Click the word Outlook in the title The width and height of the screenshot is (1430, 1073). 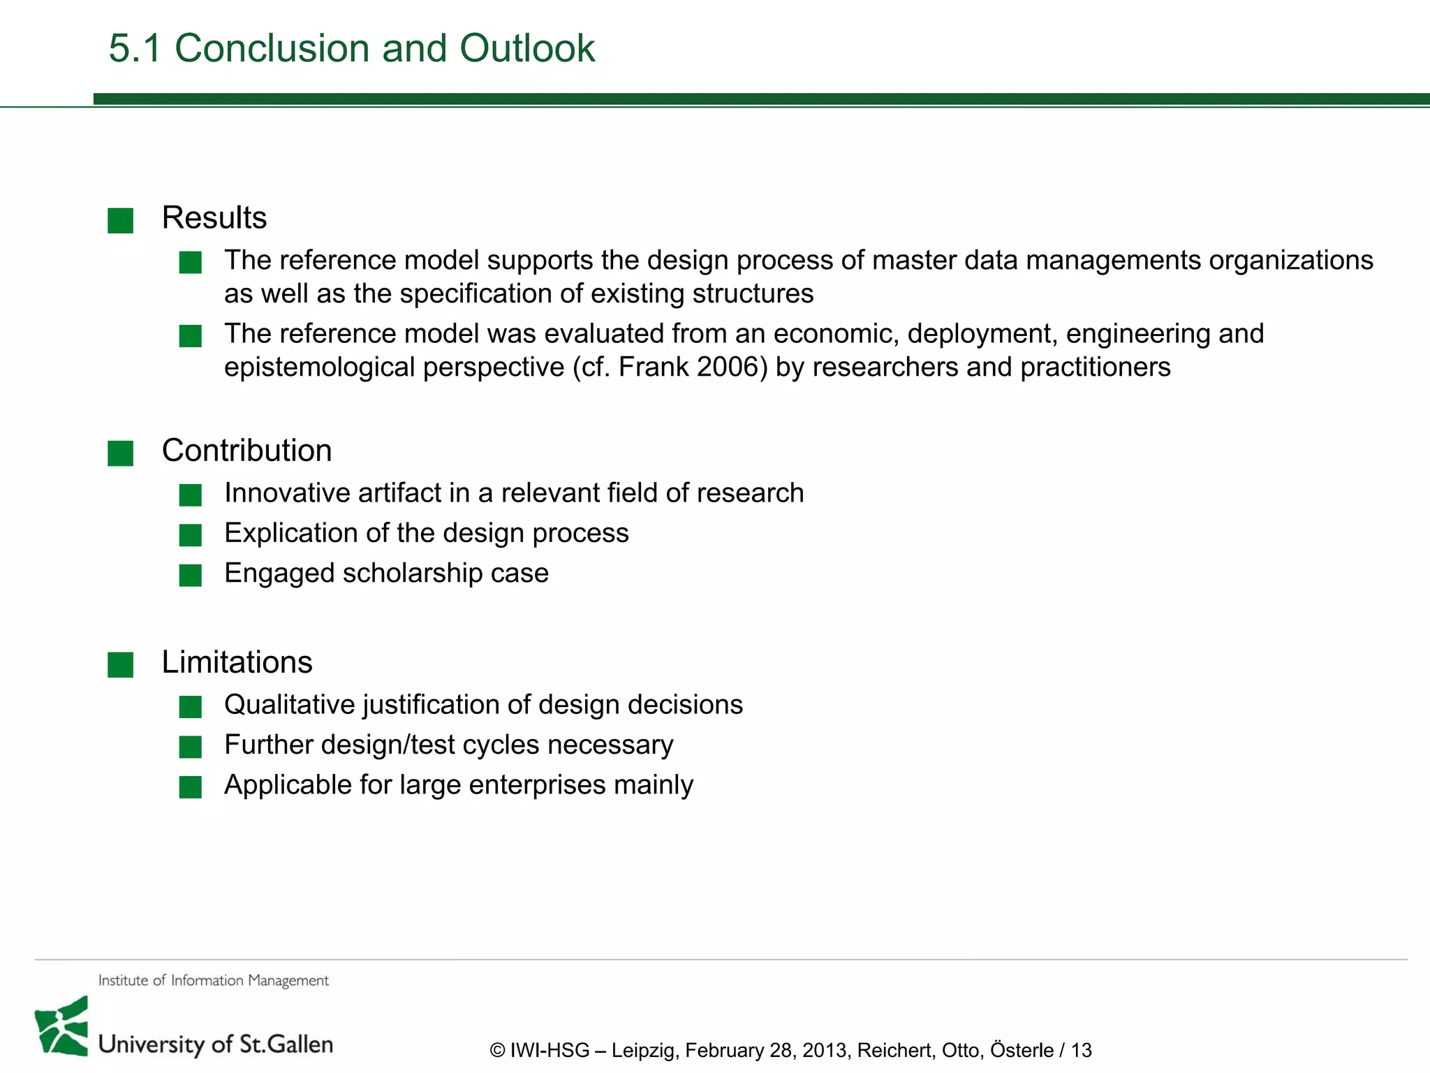[x=527, y=48]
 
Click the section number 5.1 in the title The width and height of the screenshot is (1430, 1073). [x=135, y=48]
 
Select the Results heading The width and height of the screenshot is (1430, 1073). [x=214, y=218]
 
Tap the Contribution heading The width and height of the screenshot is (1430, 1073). [x=246, y=451]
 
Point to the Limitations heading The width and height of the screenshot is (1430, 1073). [x=237, y=662]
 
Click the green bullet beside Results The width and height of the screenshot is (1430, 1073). [x=120, y=221]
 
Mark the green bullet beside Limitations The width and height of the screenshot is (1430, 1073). [x=120, y=665]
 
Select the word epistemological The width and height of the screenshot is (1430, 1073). [x=320, y=367]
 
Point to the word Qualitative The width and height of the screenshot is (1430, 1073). [x=289, y=705]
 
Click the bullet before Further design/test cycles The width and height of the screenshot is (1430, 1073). [x=190, y=747]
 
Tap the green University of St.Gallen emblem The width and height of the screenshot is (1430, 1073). [x=62, y=1027]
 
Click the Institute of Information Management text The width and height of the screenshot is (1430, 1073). [x=213, y=981]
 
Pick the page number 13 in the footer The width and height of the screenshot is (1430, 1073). [x=1081, y=1051]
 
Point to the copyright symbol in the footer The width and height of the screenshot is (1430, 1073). [x=497, y=1051]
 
